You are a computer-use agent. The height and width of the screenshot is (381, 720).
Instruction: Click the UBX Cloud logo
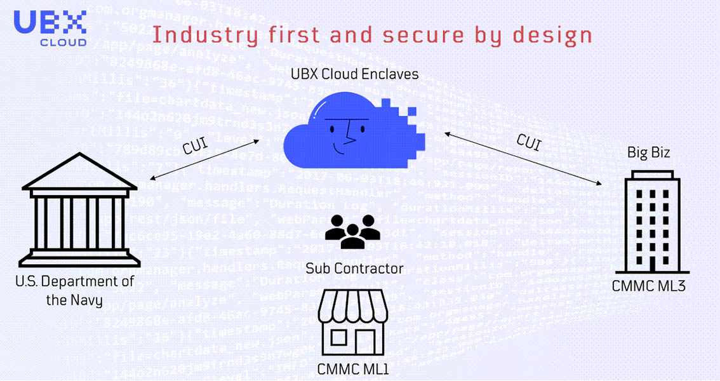click(50, 27)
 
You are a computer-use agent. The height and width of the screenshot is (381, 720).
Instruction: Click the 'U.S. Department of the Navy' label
click(74, 290)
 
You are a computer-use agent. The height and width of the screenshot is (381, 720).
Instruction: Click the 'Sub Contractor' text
click(354, 268)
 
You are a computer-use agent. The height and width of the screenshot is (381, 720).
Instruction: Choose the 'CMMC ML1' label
click(353, 368)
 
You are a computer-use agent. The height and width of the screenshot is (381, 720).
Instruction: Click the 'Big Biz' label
click(649, 153)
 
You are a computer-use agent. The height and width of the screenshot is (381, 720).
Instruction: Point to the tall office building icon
click(650, 222)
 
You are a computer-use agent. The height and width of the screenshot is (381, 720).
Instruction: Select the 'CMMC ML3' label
click(649, 286)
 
